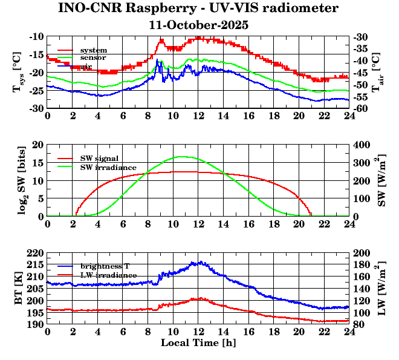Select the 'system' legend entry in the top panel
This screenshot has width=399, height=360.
[x=93, y=50]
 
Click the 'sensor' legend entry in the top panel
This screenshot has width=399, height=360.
[x=93, y=57]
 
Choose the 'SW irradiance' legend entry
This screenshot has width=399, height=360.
[x=108, y=166]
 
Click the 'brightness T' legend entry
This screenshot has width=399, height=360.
[x=105, y=266]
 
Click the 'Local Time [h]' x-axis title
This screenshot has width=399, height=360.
[x=198, y=343]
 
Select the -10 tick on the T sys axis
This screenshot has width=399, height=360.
[x=36, y=36]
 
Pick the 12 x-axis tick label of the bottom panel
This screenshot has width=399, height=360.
[x=198, y=332]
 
